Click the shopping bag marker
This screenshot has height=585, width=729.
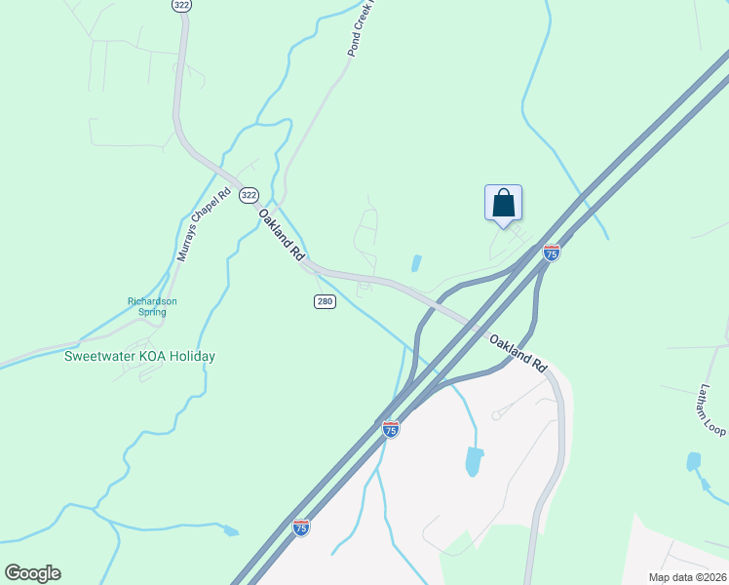(503, 204)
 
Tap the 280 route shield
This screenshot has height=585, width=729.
(326, 301)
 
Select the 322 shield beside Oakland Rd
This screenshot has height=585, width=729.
(248, 194)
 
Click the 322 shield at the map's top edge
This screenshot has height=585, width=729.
(180, 6)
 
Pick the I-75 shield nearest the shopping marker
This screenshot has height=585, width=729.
(552, 253)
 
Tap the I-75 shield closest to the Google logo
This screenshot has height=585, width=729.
(302, 527)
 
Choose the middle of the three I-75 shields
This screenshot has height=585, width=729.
(390, 429)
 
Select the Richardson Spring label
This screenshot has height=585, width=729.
(152, 307)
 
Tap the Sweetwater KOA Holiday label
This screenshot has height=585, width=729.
(139, 356)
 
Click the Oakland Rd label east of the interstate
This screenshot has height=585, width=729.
(518, 353)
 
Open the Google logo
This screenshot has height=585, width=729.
(32, 573)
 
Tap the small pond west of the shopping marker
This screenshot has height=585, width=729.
(416, 263)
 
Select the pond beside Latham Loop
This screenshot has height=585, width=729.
(694, 461)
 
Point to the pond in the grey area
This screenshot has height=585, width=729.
(474, 460)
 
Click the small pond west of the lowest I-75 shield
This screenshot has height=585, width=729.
(230, 531)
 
